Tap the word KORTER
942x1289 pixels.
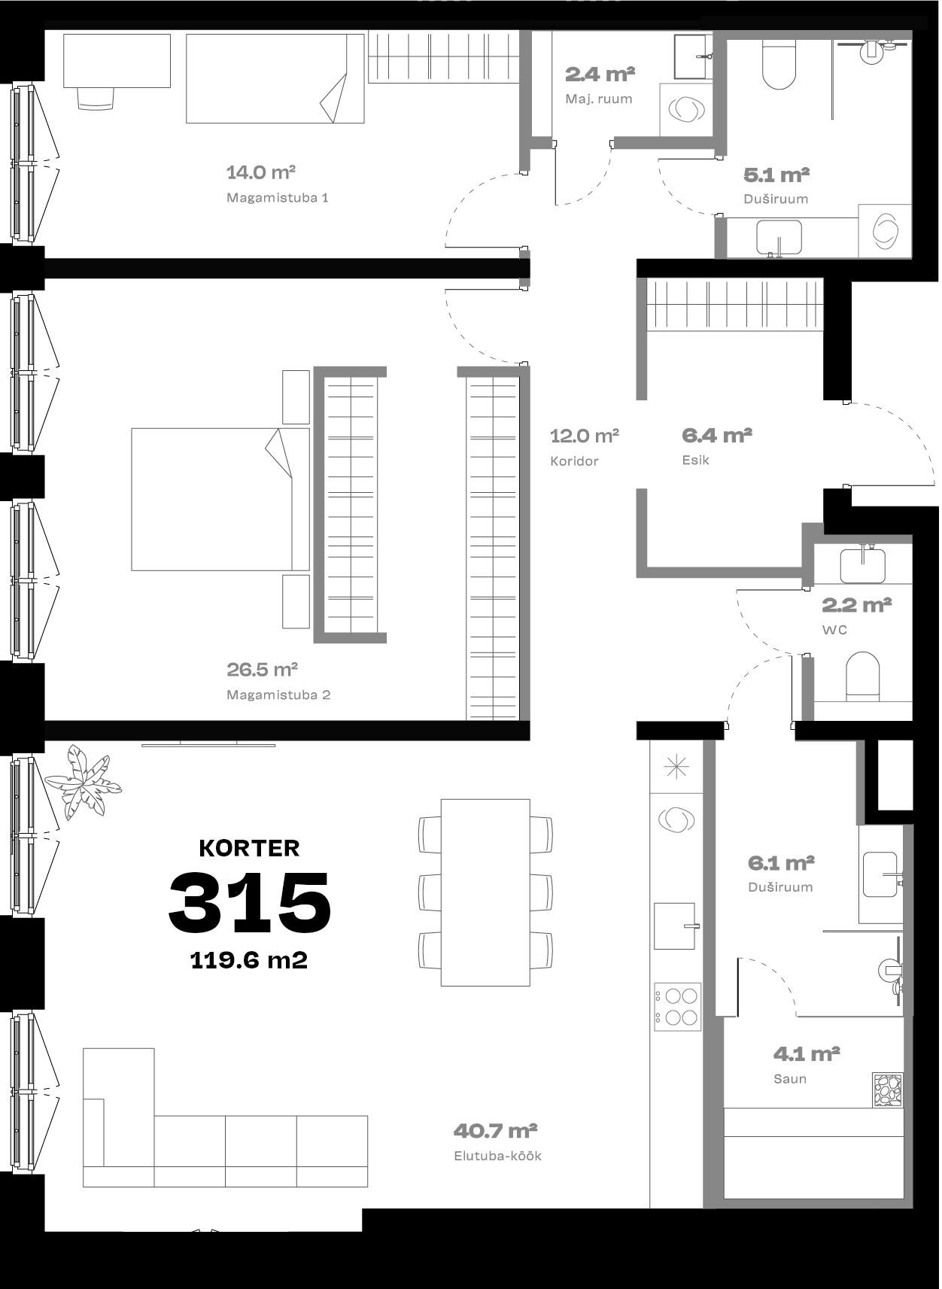[x=250, y=849]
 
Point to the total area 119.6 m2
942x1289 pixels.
[x=249, y=960]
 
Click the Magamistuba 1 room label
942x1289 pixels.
[x=278, y=198]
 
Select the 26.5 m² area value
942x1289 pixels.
[x=262, y=669]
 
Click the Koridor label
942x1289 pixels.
[x=574, y=461]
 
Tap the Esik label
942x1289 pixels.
[x=696, y=460]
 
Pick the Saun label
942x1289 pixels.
[x=790, y=1079]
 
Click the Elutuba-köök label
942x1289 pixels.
[x=498, y=1156]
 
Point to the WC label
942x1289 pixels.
[x=835, y=630]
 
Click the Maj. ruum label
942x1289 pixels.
[x=599, y=99]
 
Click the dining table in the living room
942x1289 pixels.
[x=486, y=893]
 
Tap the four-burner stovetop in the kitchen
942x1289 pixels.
[x=677, y=1007]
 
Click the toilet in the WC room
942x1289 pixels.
[x=863, y=676]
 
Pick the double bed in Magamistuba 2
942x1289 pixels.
[x=220, y=500]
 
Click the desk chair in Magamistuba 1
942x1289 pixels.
[x=96, y=99]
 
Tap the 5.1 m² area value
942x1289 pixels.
[x=776, y=175]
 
